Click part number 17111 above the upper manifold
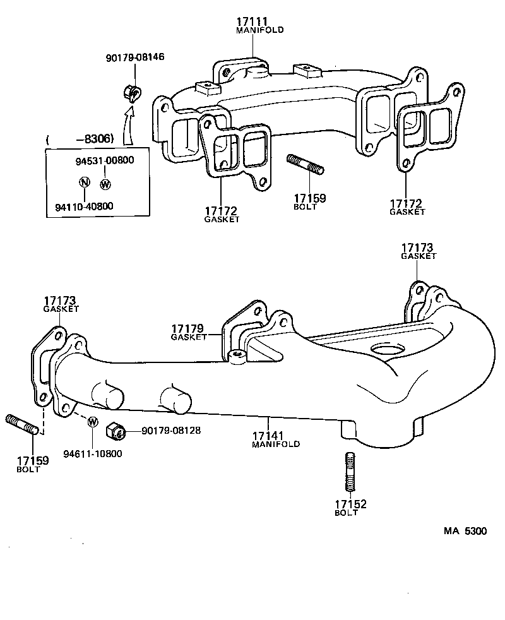pos(251,22)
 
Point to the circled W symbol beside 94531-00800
pos(105,184)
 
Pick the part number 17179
pos(189,329)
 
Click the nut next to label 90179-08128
pos(114,431)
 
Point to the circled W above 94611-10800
pos(92,422)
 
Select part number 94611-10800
pos(93,453)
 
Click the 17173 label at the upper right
pos(419,247)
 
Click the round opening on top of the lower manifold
pos(386,349)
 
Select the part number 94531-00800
pos(105,160)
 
